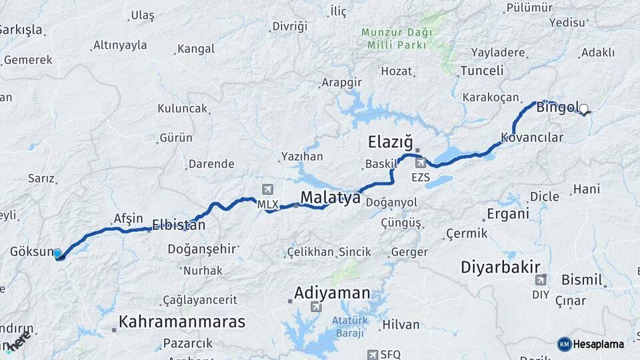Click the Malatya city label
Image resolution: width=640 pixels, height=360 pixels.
330,198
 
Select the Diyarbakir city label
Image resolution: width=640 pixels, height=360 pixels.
500,267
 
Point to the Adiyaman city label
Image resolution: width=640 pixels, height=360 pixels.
332,293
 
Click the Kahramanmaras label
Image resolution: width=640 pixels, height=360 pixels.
182,322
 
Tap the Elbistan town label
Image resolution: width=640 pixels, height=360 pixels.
179,225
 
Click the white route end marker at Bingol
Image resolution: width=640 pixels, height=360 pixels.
584,109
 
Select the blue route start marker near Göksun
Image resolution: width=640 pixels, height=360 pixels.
57,253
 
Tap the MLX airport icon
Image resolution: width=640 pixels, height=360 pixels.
268,190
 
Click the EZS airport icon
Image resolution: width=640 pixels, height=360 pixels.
420,162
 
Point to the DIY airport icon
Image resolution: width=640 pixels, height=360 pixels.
540,279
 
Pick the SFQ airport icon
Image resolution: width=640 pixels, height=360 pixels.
373,354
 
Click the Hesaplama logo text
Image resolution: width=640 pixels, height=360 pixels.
597,344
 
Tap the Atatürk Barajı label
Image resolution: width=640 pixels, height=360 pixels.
349,327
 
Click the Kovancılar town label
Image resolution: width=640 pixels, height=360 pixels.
532,137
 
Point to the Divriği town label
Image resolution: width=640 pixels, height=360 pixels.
289,27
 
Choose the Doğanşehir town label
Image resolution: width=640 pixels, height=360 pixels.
203,249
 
